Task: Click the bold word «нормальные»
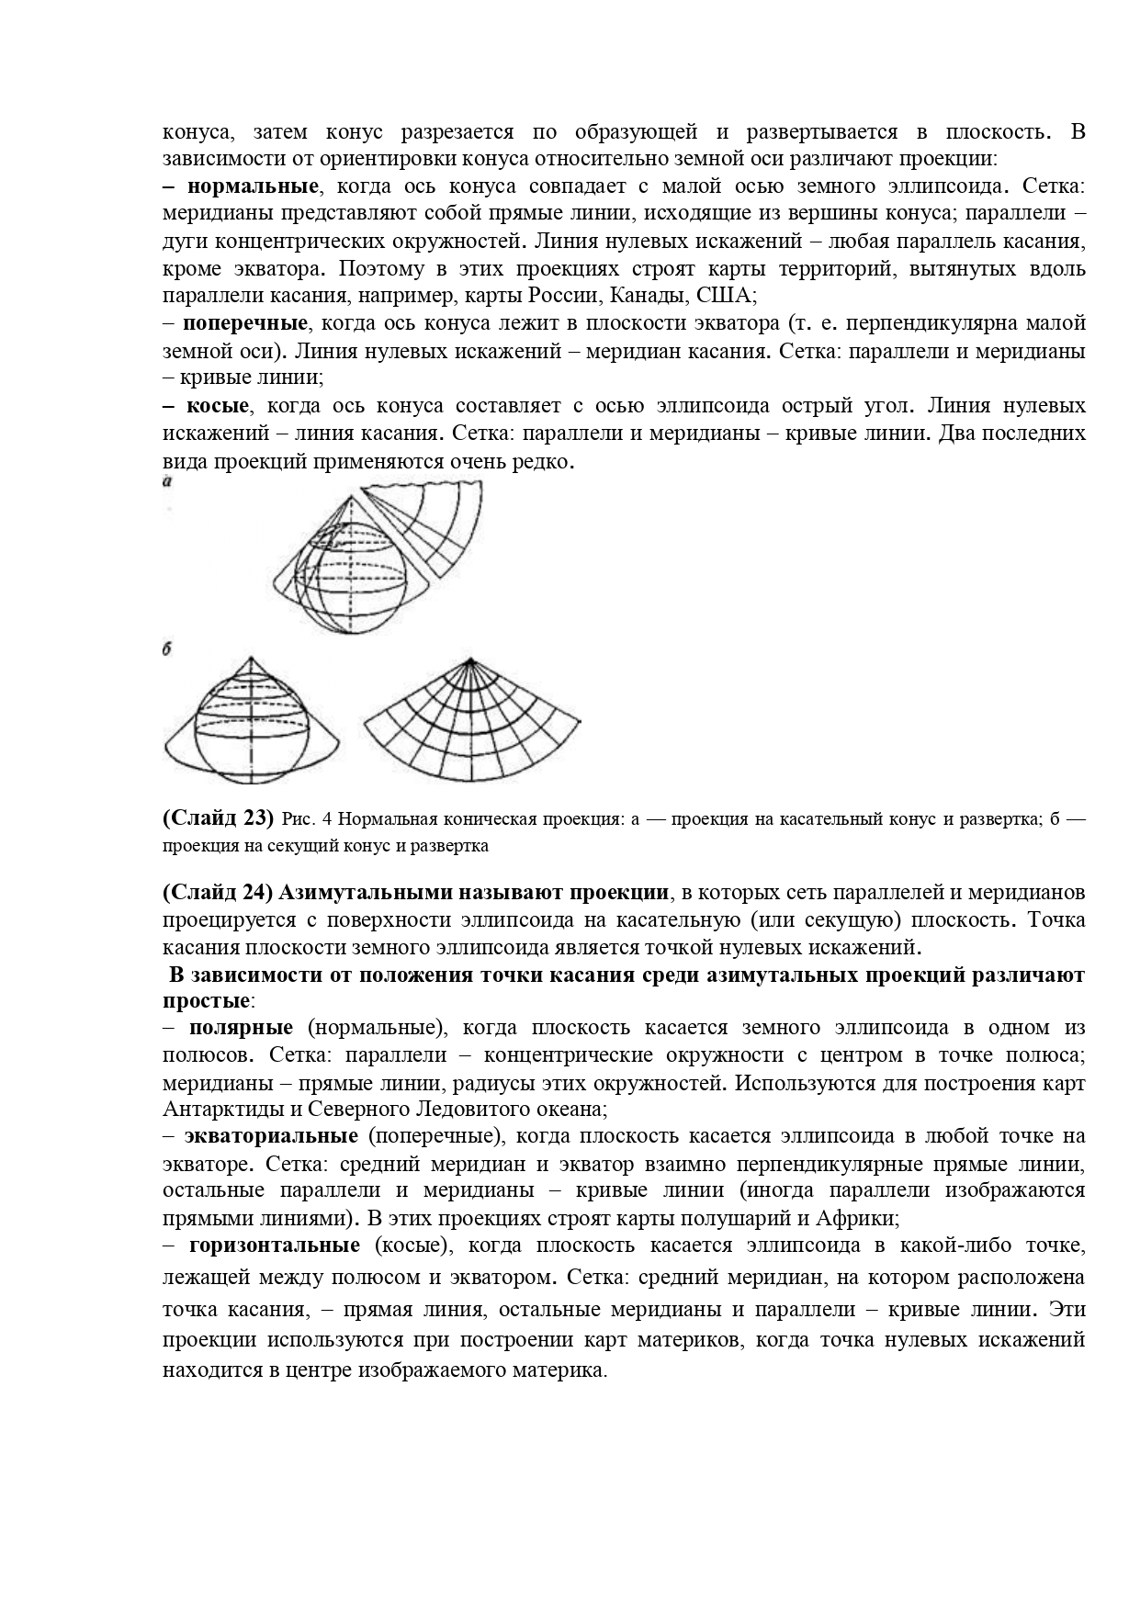click(x=252, y=186)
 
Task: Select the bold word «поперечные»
click(x=244, y=323)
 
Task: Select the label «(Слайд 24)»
click(x=217, y=892)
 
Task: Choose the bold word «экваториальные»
click(x=271, y=1136)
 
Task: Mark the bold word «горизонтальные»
click(x=274, y=1246)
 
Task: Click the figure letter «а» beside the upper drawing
click(x=169, y=480)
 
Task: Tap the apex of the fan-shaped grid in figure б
click(x=469, y=659)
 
